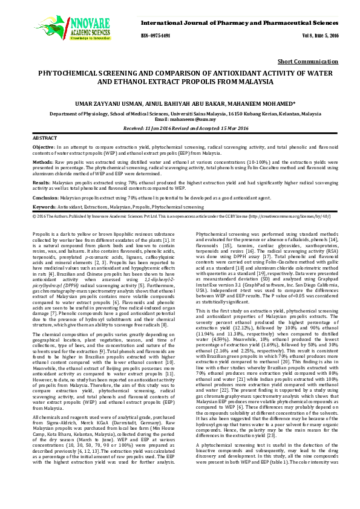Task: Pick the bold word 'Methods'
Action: click(42, 162)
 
